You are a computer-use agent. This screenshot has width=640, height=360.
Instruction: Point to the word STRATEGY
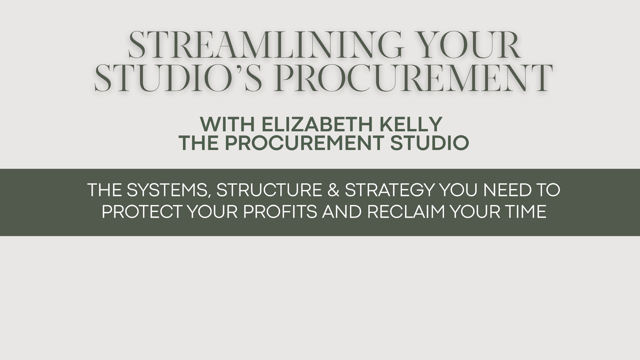390,190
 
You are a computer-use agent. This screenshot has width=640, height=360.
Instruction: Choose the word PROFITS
280,211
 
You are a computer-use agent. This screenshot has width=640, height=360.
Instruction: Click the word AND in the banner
342,211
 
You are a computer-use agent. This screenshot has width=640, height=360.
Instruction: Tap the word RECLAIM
406,211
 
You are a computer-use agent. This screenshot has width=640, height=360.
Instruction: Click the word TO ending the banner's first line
549,190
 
